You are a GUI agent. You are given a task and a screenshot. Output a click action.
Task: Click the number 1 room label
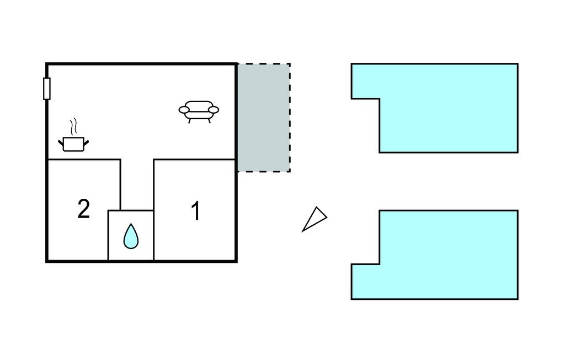[196, 211]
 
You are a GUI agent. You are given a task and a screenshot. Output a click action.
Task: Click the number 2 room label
[84, 209]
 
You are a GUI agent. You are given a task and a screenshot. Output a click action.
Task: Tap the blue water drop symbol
[131, 236]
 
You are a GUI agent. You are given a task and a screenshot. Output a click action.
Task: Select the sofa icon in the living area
[199, 112]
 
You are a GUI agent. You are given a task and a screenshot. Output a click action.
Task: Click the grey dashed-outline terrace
[264, 118]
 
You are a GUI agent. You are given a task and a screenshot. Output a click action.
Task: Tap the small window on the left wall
[46, 88]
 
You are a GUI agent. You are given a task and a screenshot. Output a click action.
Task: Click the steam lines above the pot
[73, 126]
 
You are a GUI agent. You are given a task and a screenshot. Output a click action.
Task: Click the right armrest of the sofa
[214, 110]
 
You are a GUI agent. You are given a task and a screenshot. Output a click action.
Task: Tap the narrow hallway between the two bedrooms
[137, 184]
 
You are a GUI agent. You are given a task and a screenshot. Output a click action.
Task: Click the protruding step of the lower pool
[365, 282]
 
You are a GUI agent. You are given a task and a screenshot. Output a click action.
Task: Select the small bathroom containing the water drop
[131, 235]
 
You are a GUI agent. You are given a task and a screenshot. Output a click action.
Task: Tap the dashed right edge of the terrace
[290, 118]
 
